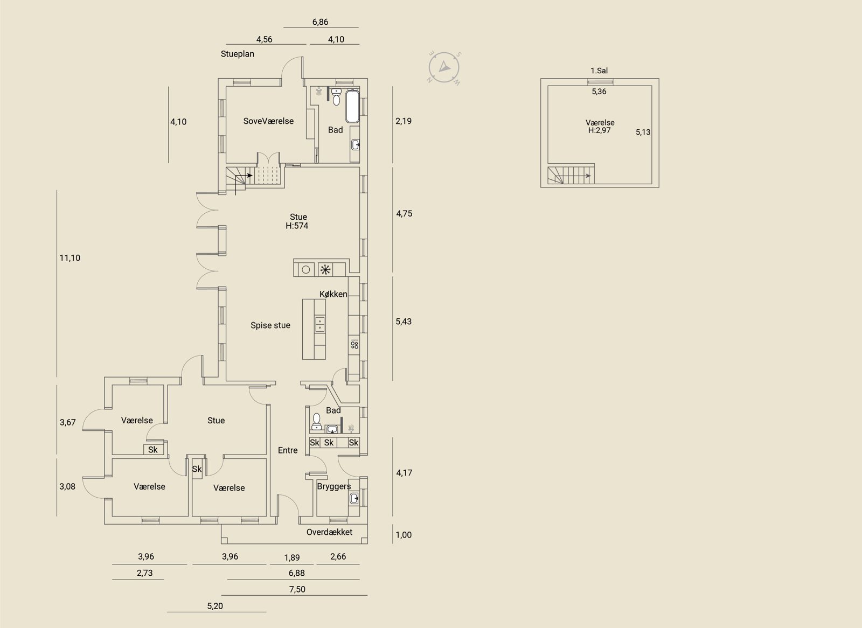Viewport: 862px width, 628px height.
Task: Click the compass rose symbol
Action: tap(444, 68)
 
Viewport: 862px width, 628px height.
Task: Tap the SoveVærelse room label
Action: tap(268, 121)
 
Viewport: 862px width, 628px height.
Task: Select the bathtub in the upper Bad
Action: tap(352, 106)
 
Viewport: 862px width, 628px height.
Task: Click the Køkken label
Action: tap(333, 294)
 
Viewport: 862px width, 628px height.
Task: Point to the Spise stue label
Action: tap(270, 325)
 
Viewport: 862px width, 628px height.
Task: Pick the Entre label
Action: tap(288, 450)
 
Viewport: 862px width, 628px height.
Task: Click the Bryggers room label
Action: tap(333, 486)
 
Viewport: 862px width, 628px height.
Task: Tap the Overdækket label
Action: tap(329, 532)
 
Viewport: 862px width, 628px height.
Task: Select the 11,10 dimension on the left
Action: tap(70, 258)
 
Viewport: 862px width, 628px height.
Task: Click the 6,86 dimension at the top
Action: tap(320, 22)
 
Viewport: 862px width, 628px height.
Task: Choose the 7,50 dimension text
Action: tap(297, 589)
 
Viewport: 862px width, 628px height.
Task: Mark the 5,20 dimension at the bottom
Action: tap(215, 606)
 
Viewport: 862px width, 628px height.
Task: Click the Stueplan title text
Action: tap(238, 54)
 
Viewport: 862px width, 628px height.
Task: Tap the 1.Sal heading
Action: tap(599, 71)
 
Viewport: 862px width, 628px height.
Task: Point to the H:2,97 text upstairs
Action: tap(599, 130)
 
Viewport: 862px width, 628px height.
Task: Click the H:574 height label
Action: tap(297, 226)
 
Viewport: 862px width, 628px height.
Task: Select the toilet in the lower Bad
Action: tap(317, 421)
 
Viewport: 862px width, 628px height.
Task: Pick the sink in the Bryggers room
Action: tap(354, 499)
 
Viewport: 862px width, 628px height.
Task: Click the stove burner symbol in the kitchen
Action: tap(354, 344)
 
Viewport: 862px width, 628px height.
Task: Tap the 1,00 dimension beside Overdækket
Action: tap(404, 535)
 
